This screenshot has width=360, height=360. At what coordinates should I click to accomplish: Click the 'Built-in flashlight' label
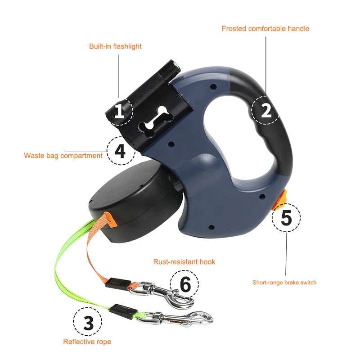[115, 46]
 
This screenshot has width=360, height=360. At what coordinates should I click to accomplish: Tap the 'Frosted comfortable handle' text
[265, 28]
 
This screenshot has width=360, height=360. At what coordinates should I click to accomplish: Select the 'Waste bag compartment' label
[63, 156]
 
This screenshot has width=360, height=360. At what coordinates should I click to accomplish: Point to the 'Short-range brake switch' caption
[284, 283]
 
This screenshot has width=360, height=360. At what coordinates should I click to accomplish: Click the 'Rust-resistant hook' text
[184, 261]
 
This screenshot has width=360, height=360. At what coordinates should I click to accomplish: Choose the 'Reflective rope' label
[87, 342]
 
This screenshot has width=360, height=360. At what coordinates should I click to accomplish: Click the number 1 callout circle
[119, 111]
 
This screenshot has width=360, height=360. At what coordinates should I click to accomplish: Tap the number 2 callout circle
[266, 110]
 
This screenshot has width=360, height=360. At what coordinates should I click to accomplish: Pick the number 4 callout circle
[120, 151]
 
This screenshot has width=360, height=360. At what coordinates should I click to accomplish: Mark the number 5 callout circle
[286, 217]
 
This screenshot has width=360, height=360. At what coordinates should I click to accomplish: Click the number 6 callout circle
[184, 284]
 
